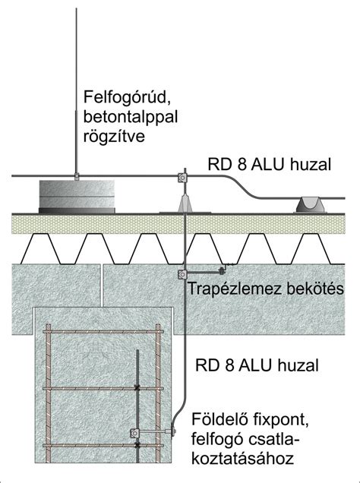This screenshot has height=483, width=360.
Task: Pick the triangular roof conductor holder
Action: pos(182,201)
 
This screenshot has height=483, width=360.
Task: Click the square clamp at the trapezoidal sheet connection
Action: pos(182,273)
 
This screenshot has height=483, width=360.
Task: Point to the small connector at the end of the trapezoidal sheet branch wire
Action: pos(223,268)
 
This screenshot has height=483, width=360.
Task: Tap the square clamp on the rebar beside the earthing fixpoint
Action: pos(135,434)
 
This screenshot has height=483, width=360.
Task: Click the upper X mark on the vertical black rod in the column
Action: pos(137,387)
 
